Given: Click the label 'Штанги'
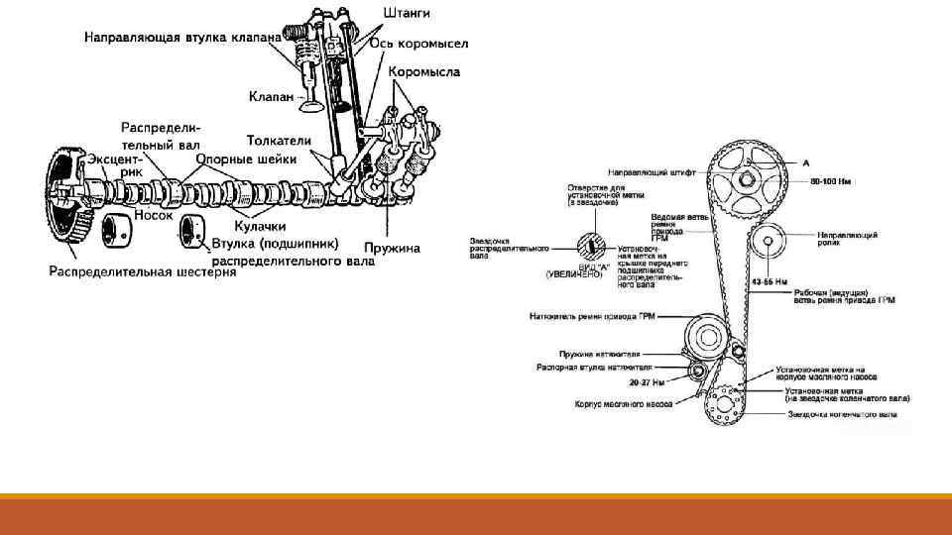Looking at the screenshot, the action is [408, 13].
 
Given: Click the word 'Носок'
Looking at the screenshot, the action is [154, 214].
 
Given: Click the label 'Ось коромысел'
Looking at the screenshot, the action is [419, 43].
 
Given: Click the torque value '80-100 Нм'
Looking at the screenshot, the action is [831, 182].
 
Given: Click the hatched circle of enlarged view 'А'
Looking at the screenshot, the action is [591, 243].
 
